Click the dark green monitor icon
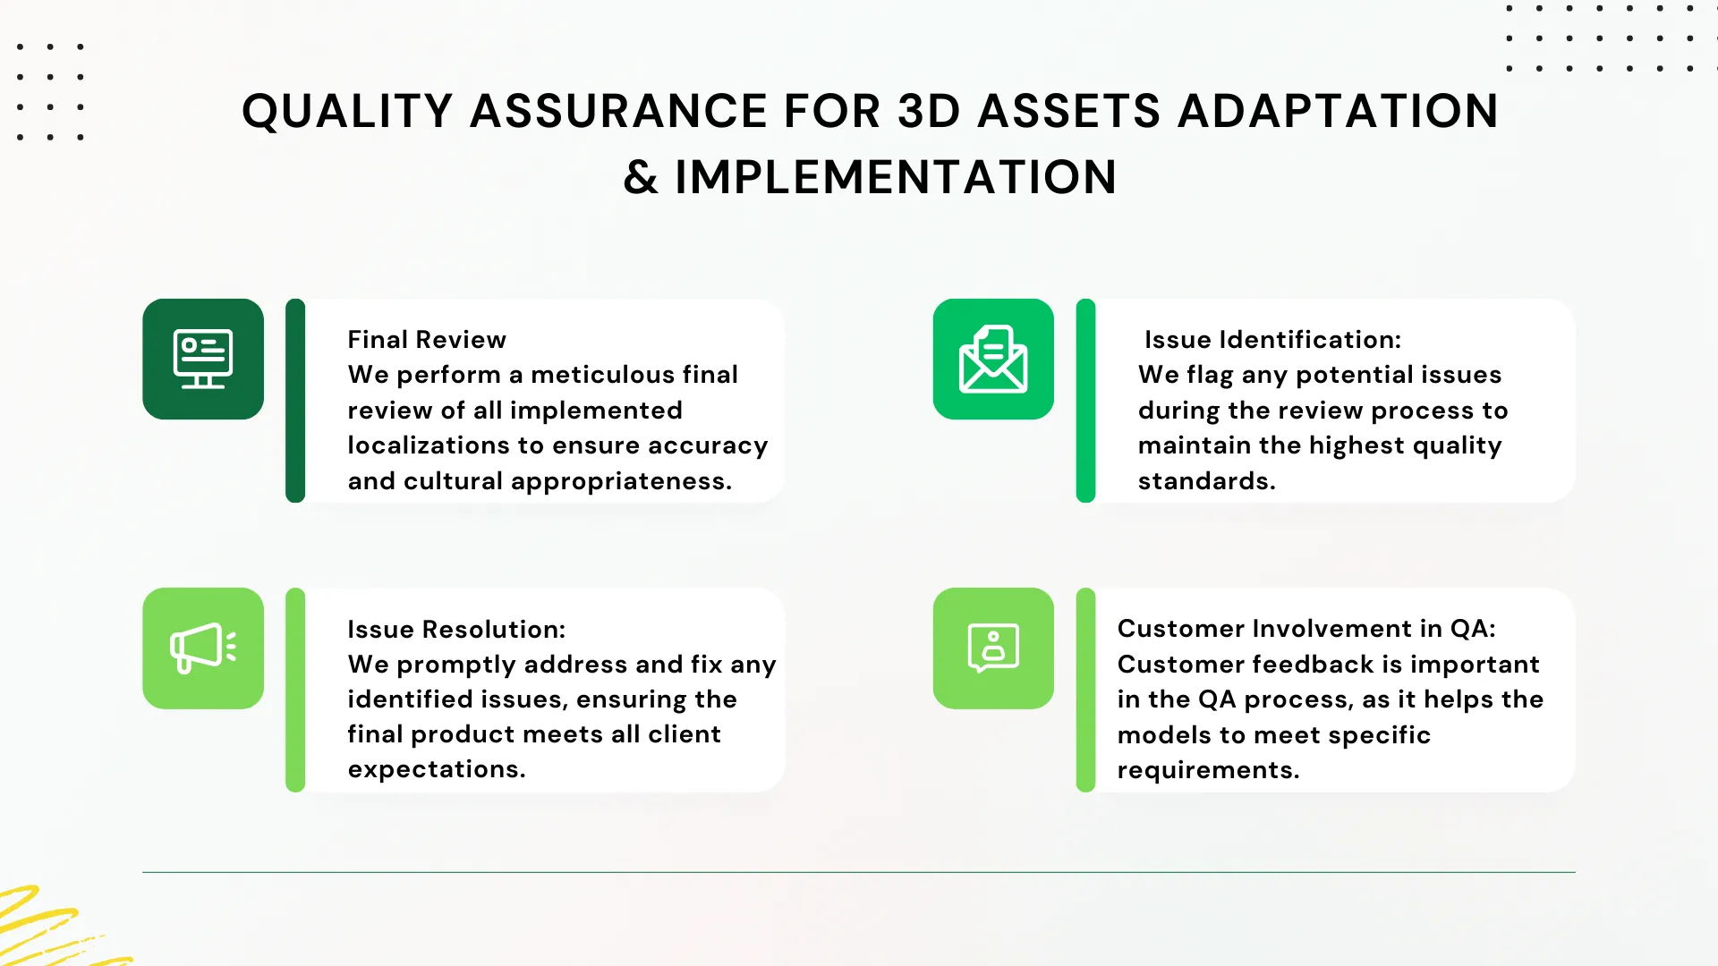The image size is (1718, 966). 203,359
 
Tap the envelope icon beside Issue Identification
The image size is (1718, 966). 993,359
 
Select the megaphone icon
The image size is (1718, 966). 203,648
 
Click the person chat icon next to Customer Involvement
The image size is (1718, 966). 993,648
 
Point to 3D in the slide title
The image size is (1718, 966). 929,111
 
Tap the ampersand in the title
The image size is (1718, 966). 641,177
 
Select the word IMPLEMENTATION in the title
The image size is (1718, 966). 896,177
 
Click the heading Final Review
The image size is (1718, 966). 427,340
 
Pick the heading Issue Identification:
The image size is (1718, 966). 1272,340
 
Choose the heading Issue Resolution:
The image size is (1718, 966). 456,630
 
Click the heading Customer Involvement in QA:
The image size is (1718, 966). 1306,629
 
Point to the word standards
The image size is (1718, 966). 1206,481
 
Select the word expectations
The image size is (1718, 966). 437,770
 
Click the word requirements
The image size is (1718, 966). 1208,770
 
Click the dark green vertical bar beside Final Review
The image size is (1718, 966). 295,401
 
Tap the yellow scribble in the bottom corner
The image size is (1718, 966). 54,928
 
